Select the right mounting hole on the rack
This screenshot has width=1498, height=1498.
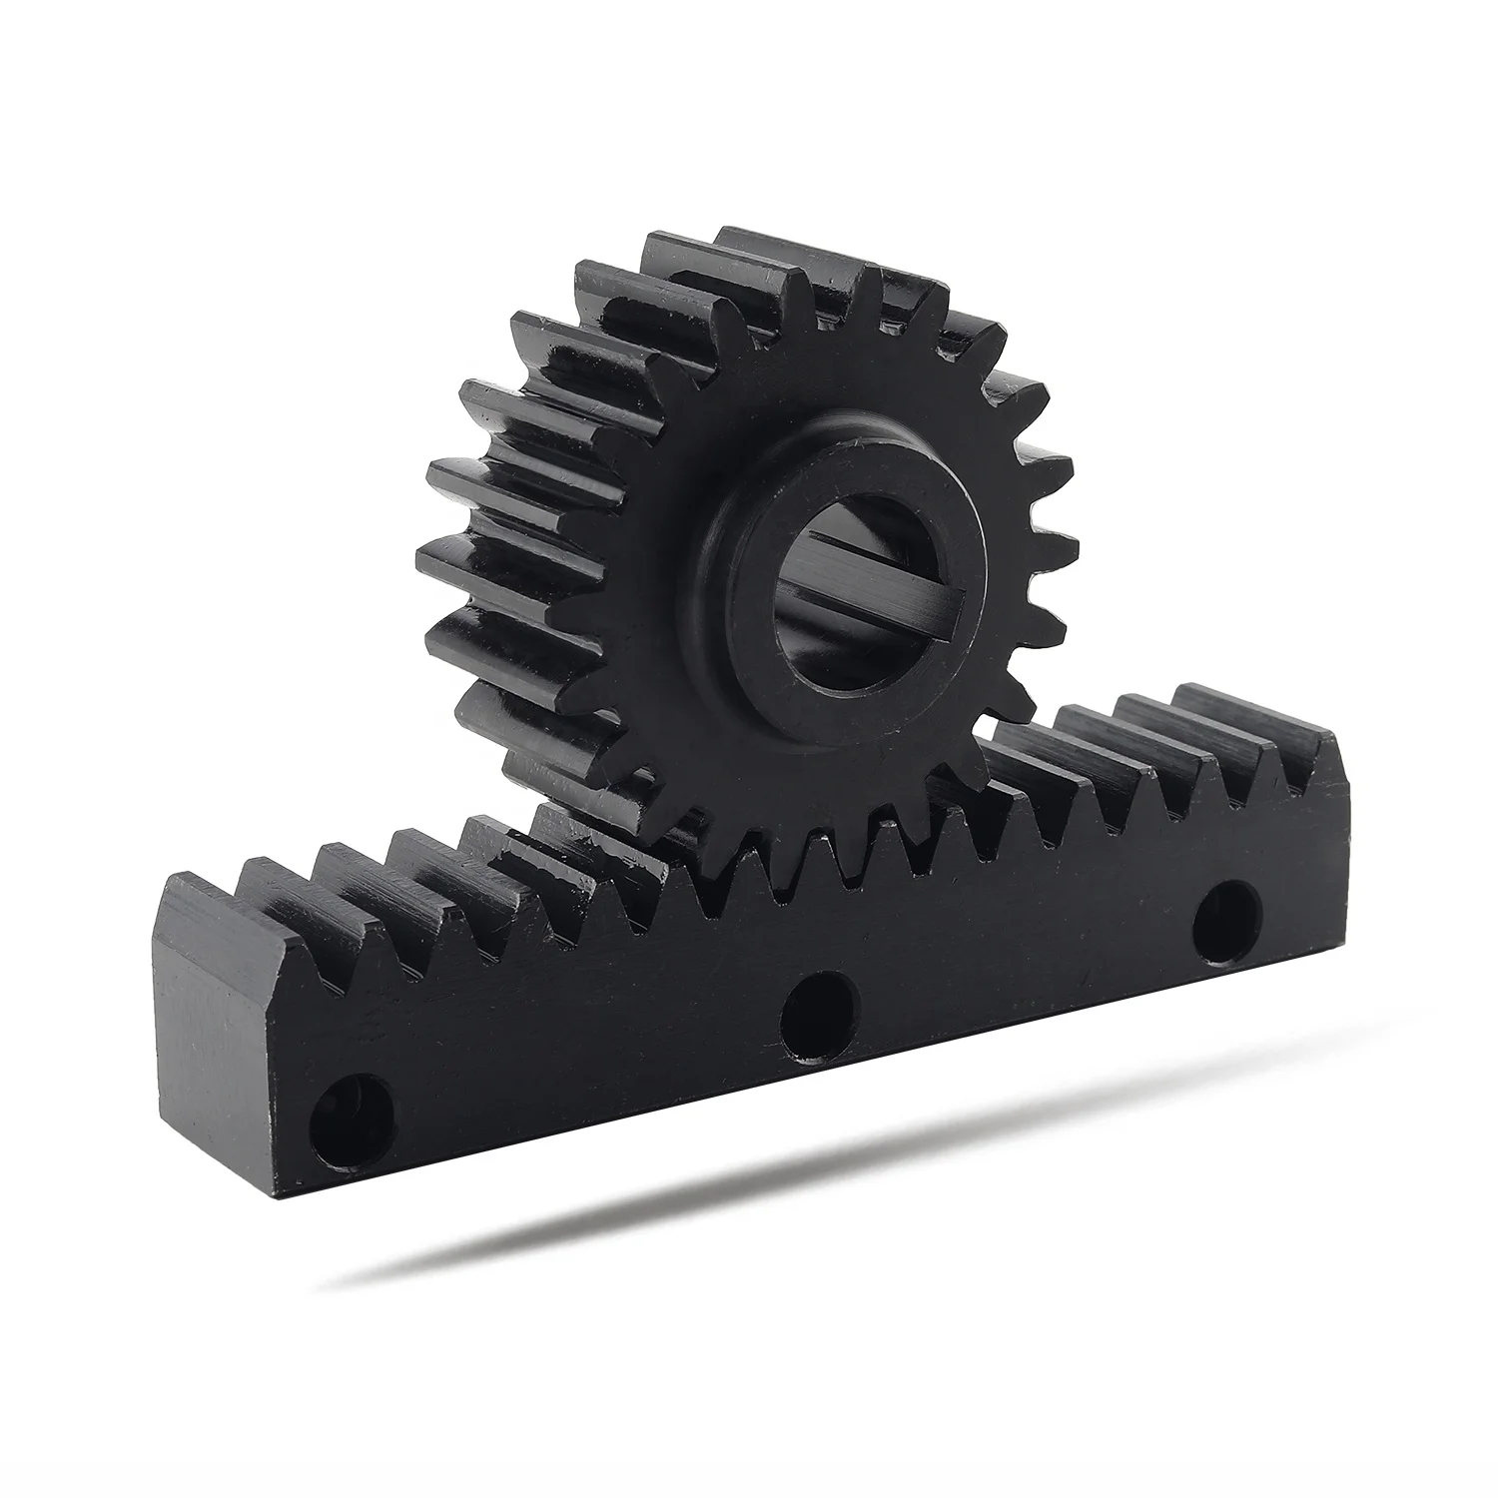(x=1227, y=921)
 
